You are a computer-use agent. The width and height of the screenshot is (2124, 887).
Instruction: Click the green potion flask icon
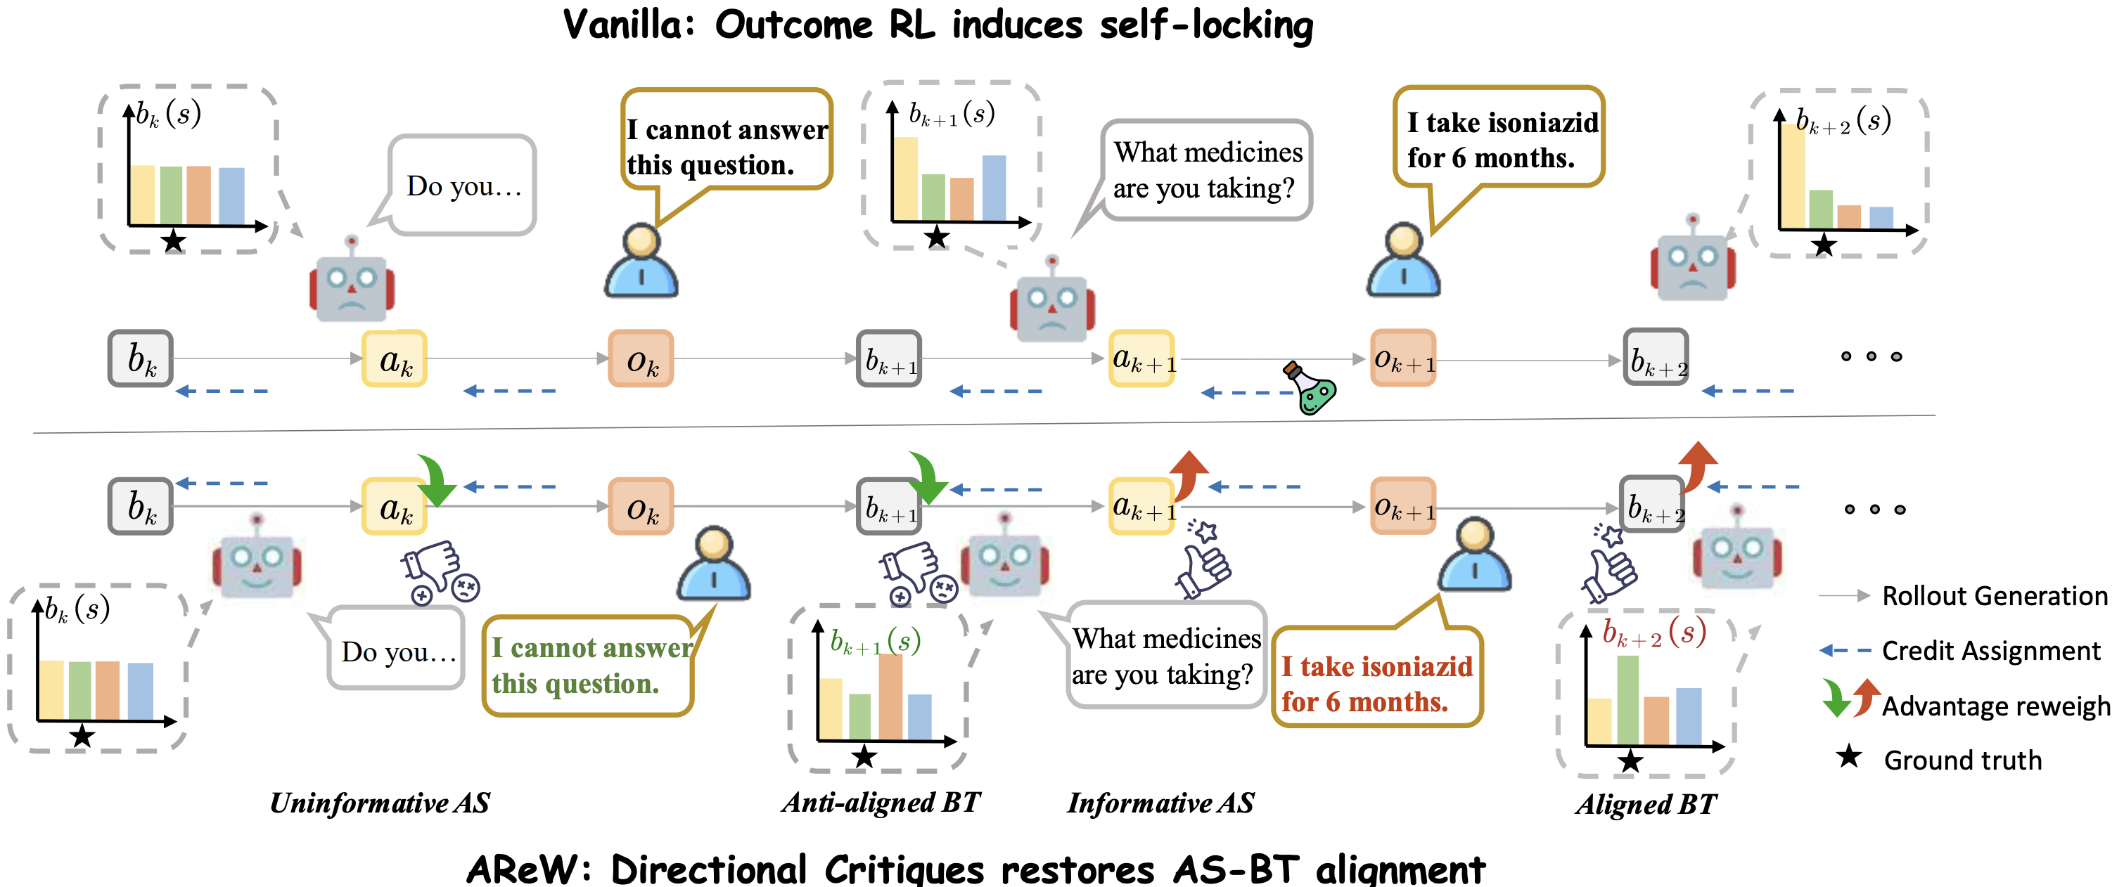[1310, 387]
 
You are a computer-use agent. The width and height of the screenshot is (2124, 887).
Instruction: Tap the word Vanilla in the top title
[624, 25]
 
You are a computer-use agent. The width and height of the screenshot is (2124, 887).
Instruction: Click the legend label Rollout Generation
[1995, 595]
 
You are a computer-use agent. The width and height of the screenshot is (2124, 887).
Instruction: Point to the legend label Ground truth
[1962, 759]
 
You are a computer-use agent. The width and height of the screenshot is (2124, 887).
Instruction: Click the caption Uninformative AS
[380, 802]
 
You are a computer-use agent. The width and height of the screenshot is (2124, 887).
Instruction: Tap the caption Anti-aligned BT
[881, 802]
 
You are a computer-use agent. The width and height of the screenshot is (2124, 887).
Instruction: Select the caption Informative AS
[1161, 802]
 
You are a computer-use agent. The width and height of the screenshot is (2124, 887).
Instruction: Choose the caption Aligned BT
[1646, 804]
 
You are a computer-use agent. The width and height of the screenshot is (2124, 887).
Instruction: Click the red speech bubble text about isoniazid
[1376, 683]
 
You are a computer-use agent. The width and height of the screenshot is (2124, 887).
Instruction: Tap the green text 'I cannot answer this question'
[592, 665]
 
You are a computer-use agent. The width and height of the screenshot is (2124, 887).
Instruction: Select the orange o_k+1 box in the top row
[1403, 358]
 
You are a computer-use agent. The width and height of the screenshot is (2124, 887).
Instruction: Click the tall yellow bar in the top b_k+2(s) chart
[1793, 175]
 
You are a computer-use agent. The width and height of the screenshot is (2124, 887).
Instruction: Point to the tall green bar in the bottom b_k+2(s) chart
[1627, 700]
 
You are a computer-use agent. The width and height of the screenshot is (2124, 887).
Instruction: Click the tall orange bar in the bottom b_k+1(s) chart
[890, 697]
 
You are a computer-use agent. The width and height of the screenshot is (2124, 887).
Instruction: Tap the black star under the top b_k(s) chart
[173, 240]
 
